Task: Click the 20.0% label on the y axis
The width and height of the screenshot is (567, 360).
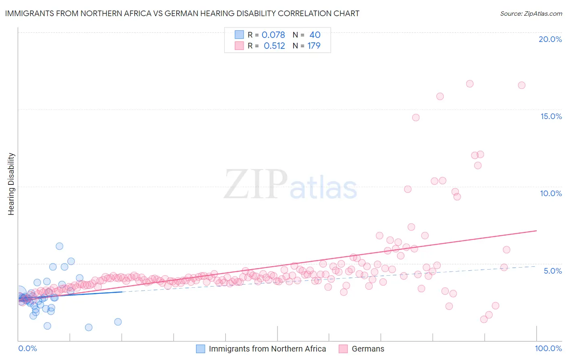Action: pyautogui.click(x=550, y=39)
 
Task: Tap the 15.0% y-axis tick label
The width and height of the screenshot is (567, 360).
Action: pyautogui.click(x=551, y=116)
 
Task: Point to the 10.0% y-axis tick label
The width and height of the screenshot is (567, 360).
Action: pyautogui.click(x=551, y=193)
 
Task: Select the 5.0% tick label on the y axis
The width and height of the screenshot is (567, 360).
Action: pyautogui.click(x=552, y=271)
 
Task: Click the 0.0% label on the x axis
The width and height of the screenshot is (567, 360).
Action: pyautogui.click(x=28, y=348)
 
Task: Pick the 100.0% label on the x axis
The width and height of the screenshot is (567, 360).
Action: pyautogui.click(x=548, y=348)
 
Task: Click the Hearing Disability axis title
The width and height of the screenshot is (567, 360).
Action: pyautogui.click(x=11, y=184)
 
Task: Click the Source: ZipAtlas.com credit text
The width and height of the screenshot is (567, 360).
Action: pyautogui.click(x=531, y=13)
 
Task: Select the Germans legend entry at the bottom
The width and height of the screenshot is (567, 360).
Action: pyautogui.click(x=368, y=349)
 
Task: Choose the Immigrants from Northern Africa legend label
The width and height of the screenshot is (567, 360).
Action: pyautogui.click(x=267, y=349)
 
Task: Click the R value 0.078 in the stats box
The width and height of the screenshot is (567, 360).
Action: pyautogui.click(x=273, y=35)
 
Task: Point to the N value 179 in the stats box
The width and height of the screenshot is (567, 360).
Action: pyautogui.click(x=314, y=46)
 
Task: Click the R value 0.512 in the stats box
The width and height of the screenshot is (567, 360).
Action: pyautogui.click(x=274, y=46)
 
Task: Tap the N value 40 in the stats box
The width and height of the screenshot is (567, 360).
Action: pyautogui.click(x=315, y=35)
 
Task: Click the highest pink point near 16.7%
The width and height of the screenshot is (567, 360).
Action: pyautogui.click(x=469, y=84)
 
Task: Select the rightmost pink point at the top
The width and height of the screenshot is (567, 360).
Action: pyautogui.click(x=521, y=85)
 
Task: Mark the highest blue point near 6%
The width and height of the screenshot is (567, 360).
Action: pyautogui.click(x=59, y=246)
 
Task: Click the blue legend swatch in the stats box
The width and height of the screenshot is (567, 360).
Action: pyautogui.click(x=239, y=35)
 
